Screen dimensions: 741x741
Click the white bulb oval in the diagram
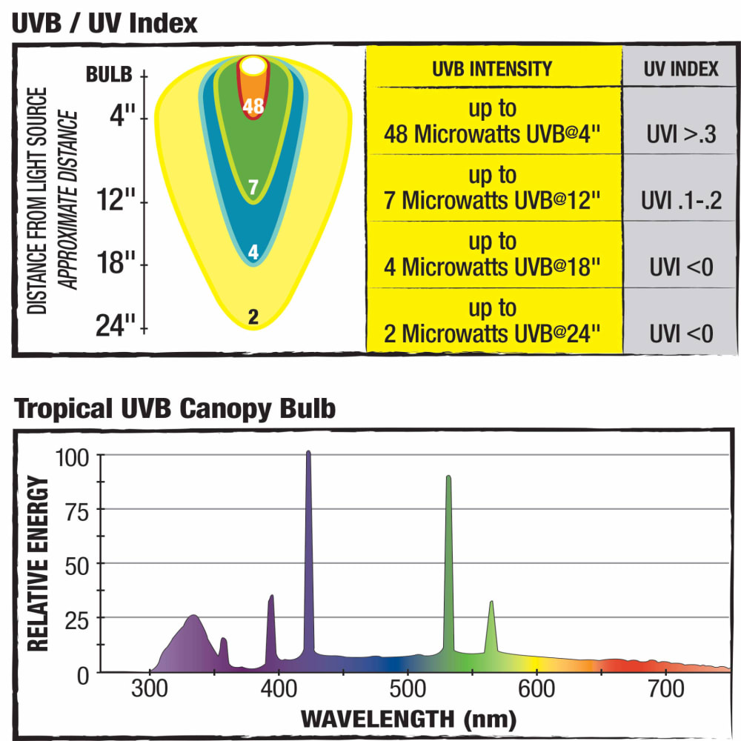[253, 66]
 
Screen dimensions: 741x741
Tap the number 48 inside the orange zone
[253, 106]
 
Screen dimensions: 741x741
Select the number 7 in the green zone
[253, 187]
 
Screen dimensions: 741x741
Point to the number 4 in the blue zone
[253, 252]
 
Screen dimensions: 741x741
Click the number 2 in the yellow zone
[253, 316]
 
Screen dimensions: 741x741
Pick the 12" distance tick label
[116, 199]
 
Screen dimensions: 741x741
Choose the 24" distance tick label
[116, 325]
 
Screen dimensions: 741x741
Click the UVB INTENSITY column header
[492, 68]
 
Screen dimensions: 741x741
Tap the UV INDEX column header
[680, 68]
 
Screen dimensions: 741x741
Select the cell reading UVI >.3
[681, 134]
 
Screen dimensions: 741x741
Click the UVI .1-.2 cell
[681, 200]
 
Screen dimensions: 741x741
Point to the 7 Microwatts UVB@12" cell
[492, 187]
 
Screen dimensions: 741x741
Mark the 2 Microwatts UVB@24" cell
[492, 321]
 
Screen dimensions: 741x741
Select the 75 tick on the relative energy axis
[77, 512]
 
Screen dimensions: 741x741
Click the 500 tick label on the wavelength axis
[408, 689]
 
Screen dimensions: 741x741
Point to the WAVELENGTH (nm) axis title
[408, 720]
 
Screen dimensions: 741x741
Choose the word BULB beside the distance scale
[109, 75]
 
